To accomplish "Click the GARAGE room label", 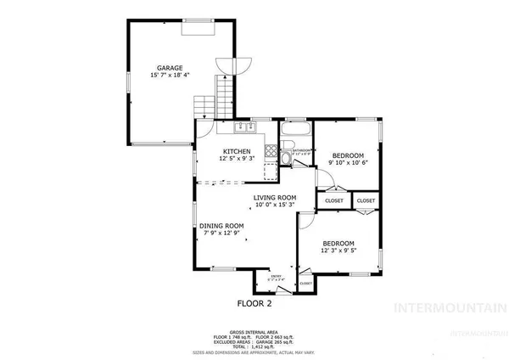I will point(170,67).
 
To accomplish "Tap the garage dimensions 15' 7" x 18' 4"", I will point(170,76).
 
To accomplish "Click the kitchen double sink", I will point(245,128).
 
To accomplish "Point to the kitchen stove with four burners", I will point(271,153).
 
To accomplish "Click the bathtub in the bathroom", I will point(297,132).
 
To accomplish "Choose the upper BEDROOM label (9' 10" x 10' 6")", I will point(348,155).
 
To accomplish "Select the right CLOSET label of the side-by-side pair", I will point(366,200).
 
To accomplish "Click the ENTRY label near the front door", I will point(276,276).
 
